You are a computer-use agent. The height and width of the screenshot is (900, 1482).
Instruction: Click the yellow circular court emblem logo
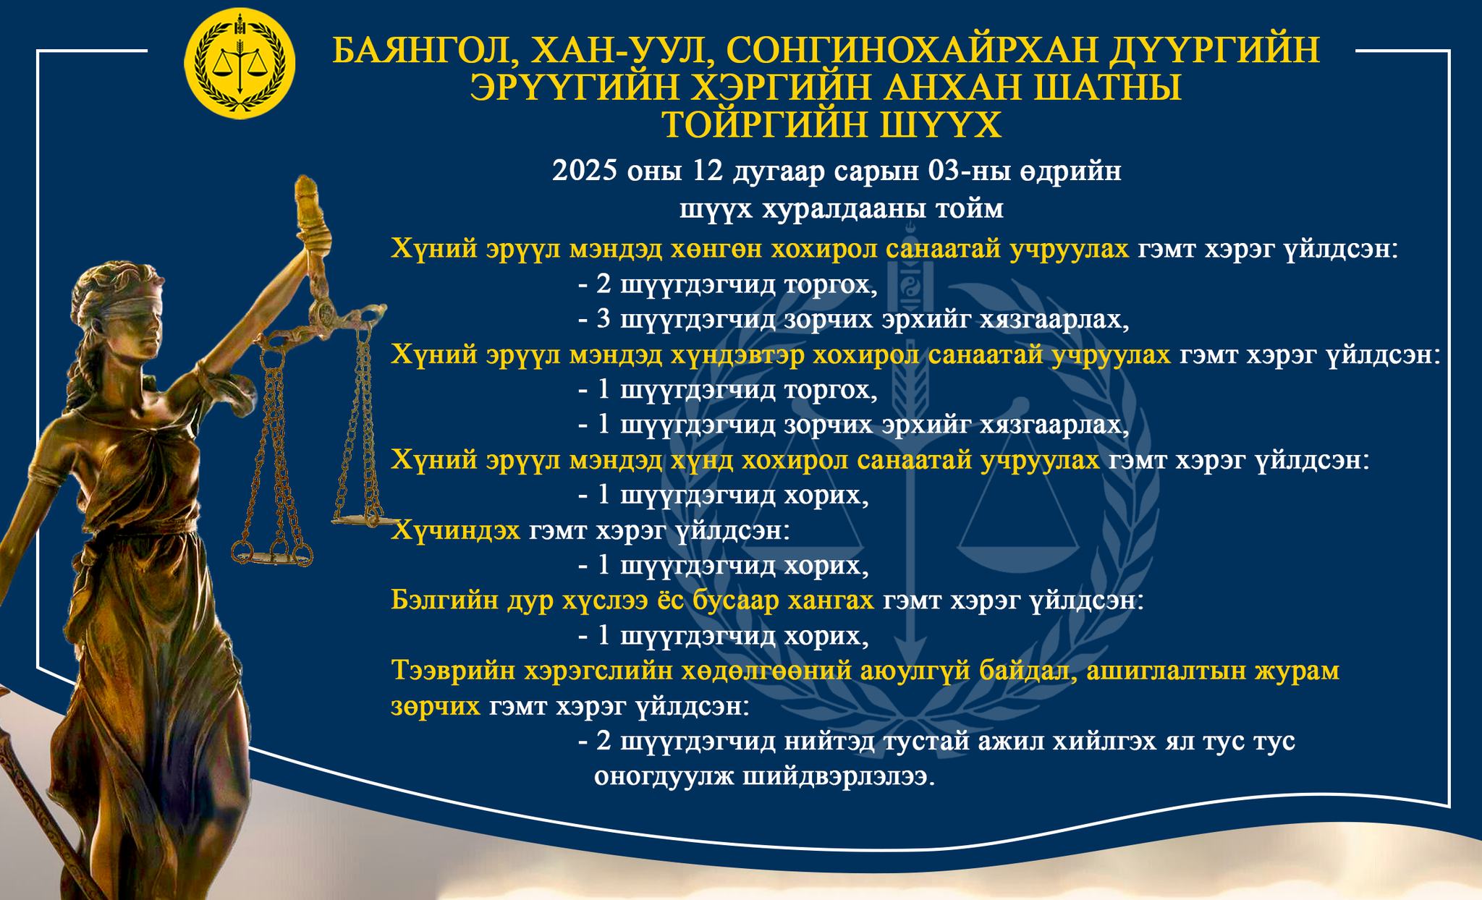240,64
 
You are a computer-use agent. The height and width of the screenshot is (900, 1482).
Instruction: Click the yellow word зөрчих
436,706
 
